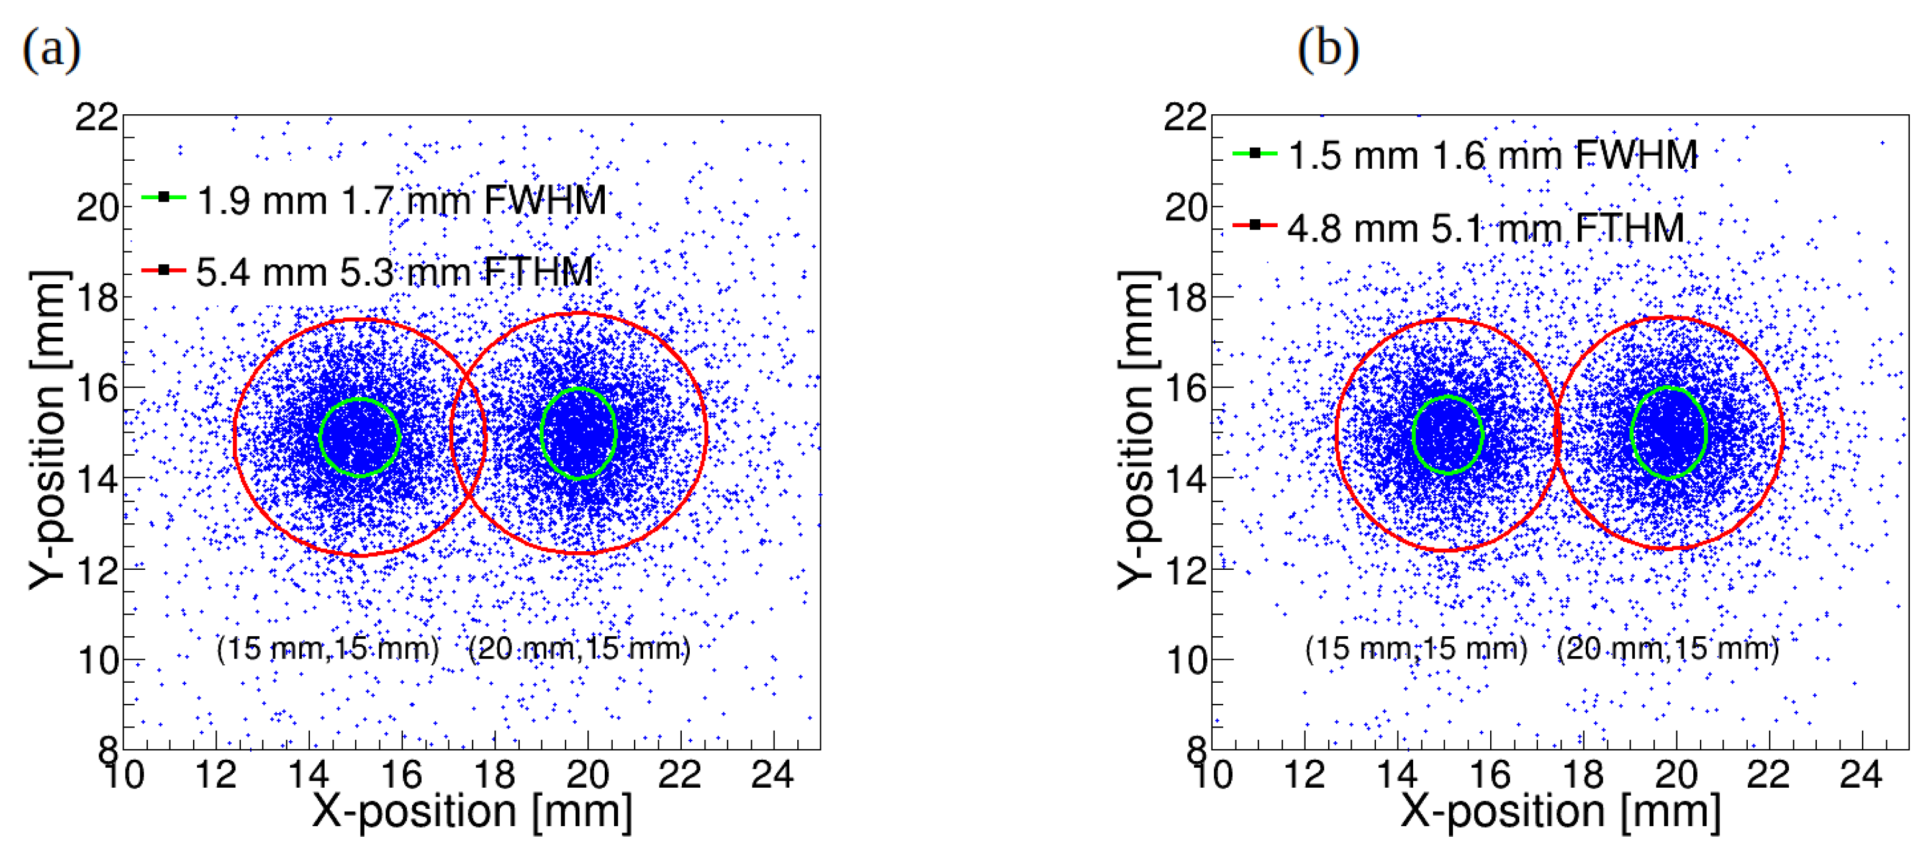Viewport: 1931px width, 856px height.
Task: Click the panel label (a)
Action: point(51,50)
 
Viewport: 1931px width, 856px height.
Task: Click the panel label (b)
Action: point(1327,50)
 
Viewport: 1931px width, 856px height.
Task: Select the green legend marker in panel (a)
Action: point(163,197)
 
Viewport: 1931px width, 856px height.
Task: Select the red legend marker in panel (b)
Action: point(1254,224)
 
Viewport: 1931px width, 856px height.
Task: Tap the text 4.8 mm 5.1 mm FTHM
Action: point(1486,228)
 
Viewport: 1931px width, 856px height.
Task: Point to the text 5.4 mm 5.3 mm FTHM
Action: point(394,272)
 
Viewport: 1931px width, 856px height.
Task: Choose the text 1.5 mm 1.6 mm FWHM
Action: point(1493,156)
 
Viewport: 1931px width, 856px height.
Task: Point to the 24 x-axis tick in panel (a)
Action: point(773,773)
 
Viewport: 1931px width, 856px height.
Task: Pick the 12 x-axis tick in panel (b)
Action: point(1305,773)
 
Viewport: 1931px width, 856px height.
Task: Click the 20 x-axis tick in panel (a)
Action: point(587,773)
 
